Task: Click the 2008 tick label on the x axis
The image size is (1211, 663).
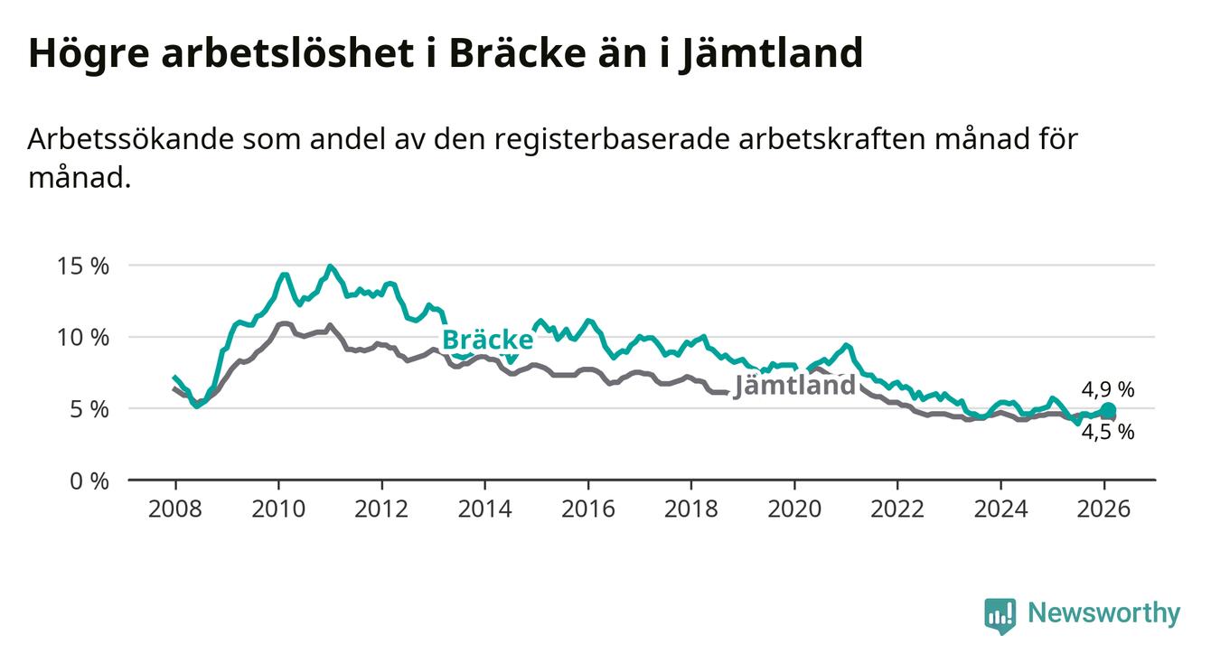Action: (x=175, y=509)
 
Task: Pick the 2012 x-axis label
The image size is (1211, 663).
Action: (x=381, y=509)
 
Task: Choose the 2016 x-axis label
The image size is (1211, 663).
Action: (x=588, y=509)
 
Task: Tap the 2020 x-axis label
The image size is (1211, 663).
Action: (x=794, y=509)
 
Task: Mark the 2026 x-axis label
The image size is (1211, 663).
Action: (x=1104, y=509)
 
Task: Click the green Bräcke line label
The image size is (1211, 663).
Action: (x=487, y=340)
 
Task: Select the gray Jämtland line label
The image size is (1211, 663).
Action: (x=794, y=386)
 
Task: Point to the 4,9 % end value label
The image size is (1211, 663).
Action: (x=1108, y=389)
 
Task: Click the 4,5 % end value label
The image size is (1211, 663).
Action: (x=1108, y=432)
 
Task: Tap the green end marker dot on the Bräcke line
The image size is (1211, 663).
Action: (x=1109, y=411)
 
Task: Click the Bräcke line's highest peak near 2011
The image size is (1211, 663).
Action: (x=330, y=266)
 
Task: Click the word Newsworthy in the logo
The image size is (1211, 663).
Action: (x=1103, y=614)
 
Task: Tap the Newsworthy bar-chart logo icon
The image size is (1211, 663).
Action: (x=1000, y=615)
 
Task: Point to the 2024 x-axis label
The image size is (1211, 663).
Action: (x=1001, y=509)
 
